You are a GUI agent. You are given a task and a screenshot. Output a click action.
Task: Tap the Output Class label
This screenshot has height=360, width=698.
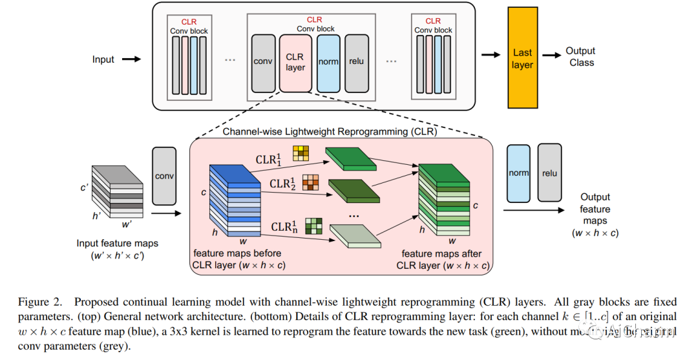(x=580, y=57)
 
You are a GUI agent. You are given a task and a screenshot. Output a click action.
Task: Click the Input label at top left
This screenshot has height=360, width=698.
(x=103, y=59)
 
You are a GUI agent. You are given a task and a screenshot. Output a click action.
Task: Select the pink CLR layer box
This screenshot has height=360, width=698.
(x=295, y=62)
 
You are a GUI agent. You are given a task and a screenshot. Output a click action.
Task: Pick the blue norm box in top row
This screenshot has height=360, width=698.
(x=328, y=62)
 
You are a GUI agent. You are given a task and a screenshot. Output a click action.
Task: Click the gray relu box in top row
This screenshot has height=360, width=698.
(x=356, y=62)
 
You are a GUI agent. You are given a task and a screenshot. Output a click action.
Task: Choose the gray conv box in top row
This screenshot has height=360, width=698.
(x=263, y=62)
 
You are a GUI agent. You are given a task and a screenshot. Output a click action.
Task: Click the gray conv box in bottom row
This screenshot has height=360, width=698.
(x=164, y=175)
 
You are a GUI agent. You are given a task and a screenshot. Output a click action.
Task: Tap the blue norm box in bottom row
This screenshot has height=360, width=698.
(x=519, y=173)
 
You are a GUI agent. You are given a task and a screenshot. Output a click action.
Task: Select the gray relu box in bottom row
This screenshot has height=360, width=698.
(x=550, y=173)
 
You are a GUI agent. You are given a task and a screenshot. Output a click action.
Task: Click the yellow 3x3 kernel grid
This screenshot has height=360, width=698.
(x=301, y=153)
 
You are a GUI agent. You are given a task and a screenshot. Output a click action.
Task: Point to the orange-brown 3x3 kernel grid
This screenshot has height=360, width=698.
(x=311, y=182)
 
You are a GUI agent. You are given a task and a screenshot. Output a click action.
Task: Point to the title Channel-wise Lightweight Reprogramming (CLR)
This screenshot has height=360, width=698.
(x=330, y=132)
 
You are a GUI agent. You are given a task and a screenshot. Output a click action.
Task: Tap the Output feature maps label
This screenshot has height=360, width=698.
(x=595, y=209)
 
